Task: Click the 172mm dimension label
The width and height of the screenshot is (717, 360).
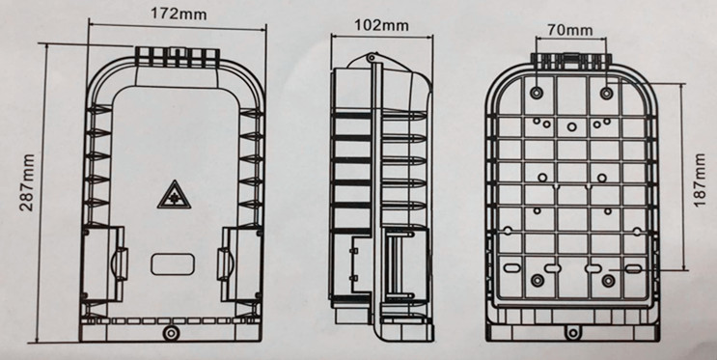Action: (x=179, y=14)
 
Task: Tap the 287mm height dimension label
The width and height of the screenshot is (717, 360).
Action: (x=27, y=182)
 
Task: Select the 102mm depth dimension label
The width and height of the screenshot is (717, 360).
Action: (x=381, y=25)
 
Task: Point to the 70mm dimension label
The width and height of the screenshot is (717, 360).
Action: (x=569, y=31)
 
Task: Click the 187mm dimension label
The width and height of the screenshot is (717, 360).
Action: (x=700, y=180)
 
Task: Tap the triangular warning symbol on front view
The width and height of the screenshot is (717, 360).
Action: (x=174, y=195)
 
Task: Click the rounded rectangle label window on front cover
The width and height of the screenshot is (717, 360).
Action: (x=173, y=264)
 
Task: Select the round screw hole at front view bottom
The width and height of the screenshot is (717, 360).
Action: (x=171, y=333)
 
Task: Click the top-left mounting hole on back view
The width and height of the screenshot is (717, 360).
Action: (x=537, y=93)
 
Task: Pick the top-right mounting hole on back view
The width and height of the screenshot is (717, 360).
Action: (x=606, y=94)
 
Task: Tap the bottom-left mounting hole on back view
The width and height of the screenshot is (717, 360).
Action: (x=538, y=281)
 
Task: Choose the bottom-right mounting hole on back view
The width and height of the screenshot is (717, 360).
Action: (x=608, y=281)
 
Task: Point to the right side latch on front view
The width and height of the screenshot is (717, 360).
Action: (x=225, y=263)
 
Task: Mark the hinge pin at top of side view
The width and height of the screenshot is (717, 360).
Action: (x=371, y=58)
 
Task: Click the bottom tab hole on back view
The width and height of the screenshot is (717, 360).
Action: (x=573, y=332)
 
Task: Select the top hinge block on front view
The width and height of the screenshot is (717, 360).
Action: (x=177, y=57)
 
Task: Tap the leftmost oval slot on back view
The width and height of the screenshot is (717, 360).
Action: (x=511, y=268)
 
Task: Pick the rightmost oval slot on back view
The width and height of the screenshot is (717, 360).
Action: (x=633, y=268)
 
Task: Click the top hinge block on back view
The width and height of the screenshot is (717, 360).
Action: (x=571, y=61)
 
